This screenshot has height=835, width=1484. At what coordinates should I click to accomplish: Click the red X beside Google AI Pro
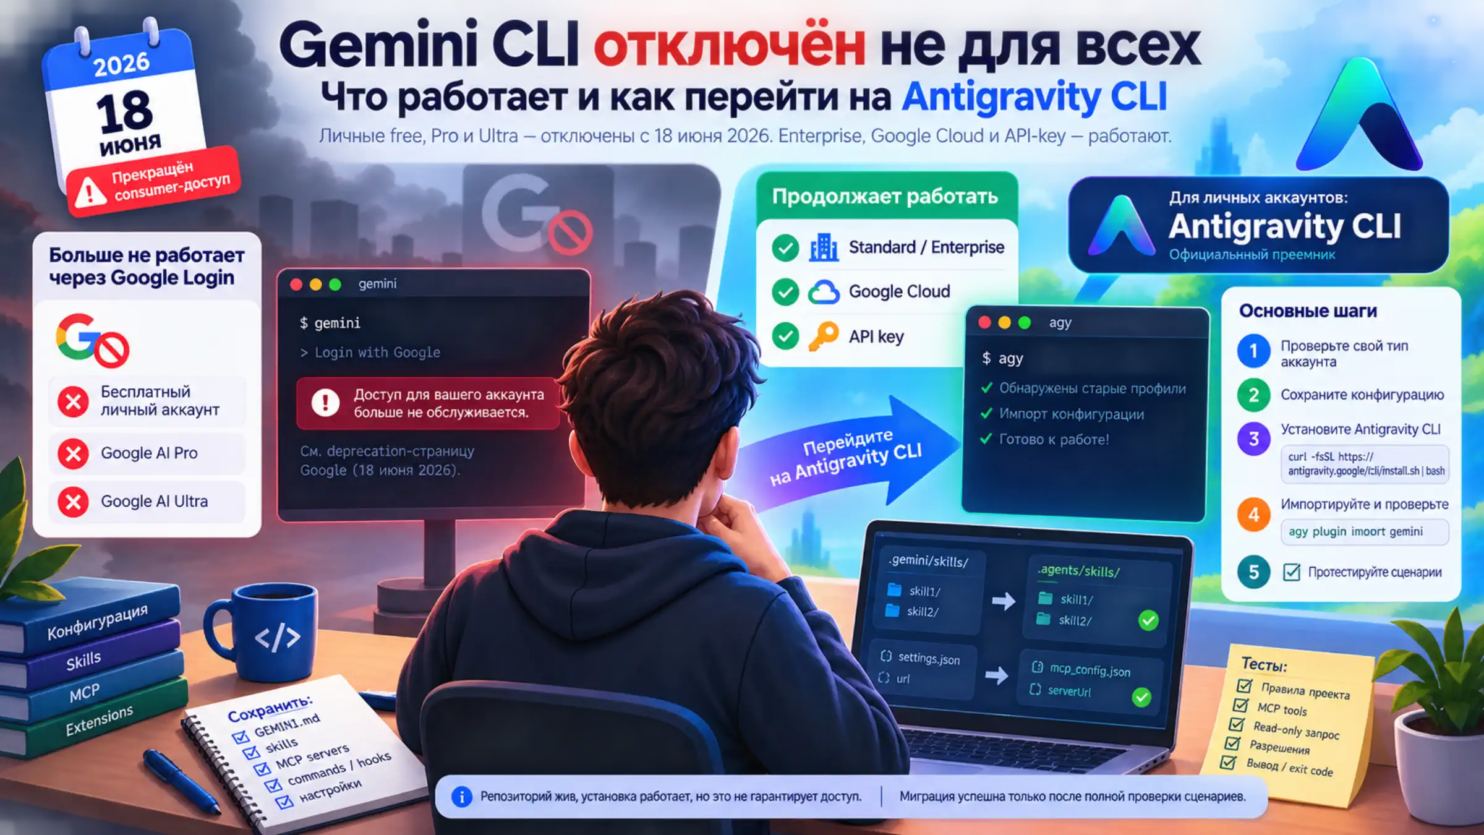[73, 453]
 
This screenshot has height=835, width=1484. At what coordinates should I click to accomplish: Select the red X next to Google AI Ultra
[73, 502]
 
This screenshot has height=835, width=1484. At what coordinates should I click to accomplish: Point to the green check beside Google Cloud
[785, 292]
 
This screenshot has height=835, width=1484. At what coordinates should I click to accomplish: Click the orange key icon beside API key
[823, 336]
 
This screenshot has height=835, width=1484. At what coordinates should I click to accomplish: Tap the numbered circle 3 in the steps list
[1253, 439]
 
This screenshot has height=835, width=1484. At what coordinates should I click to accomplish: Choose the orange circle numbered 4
[1253, 514]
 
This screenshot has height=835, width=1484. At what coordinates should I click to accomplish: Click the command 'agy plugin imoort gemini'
[1355, 532]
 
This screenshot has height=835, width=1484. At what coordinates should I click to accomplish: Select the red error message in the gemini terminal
[428, 403]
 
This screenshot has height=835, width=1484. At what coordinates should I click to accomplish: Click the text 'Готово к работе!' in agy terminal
[1054, 440]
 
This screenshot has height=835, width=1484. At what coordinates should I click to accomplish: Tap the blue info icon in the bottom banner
[461, 797]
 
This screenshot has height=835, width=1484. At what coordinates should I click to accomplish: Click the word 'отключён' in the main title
[730, 46]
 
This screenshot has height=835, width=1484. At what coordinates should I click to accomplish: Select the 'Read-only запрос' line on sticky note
[1296, 730]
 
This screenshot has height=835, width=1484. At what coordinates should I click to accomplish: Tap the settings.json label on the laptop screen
[929, 658]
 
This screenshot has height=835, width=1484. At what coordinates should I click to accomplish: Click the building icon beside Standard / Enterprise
[824, 247]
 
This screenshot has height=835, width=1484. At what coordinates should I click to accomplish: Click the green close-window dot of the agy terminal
[1024, 322]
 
